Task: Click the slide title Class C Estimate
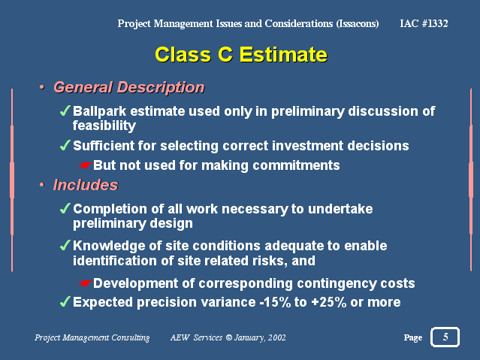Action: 241,55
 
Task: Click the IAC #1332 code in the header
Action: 424,23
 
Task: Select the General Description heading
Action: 129,88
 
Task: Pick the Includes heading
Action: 86,185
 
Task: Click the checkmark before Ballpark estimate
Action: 65,110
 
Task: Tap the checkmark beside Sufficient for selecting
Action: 65,145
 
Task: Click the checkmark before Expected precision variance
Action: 65,302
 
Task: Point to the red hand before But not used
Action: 85,165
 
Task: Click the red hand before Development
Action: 85,283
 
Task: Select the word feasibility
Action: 104,126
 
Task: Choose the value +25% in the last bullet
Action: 329,302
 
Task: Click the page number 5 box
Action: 445,337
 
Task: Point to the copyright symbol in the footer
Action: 228,337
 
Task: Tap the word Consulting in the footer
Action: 131,337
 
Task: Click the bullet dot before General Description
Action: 41,87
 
